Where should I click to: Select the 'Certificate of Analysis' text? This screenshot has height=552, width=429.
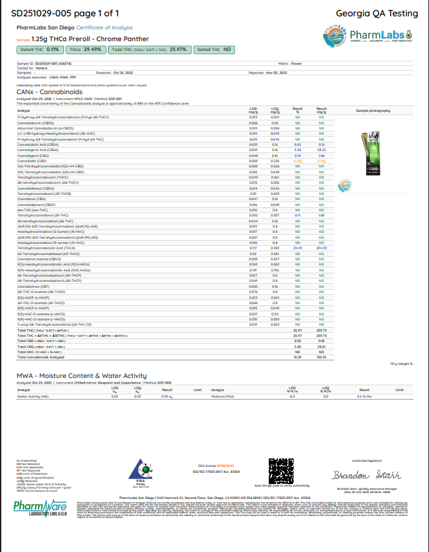point(105,27)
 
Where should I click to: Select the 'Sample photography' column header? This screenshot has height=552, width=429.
point(371,111)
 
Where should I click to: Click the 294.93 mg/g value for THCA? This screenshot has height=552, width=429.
point(321,249)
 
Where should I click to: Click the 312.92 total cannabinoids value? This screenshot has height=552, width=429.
point(321,356)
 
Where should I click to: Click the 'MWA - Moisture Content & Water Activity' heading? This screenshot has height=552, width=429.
point(81,376)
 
